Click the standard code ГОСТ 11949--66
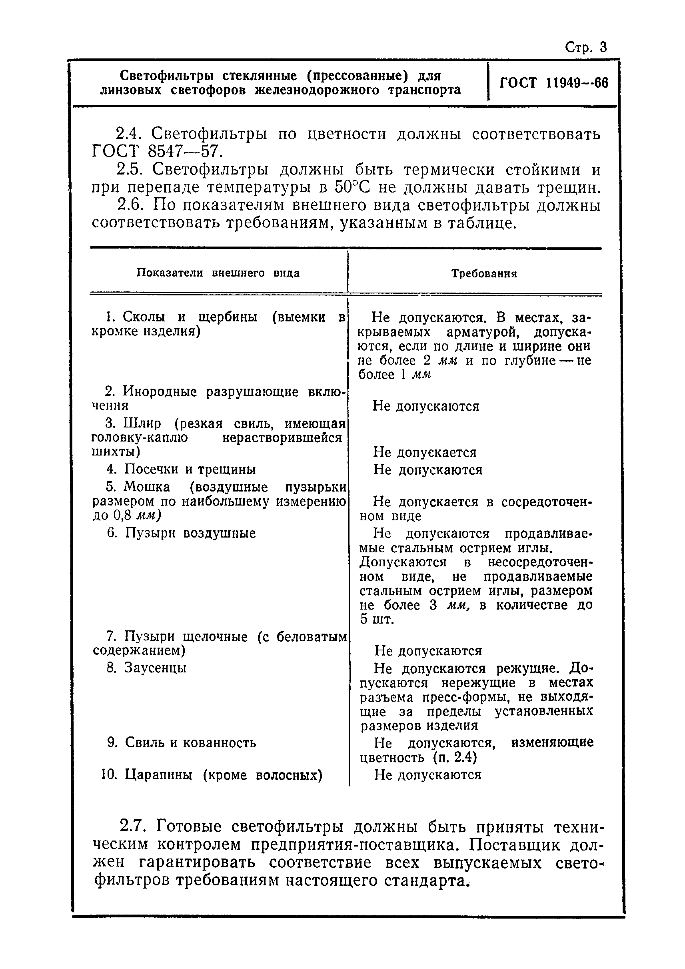point(554,82)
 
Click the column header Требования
point(484,274)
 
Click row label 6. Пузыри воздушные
point(182,533)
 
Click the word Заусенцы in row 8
point(155,668)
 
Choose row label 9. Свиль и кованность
point(182,743)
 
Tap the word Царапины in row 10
point(158,775)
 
